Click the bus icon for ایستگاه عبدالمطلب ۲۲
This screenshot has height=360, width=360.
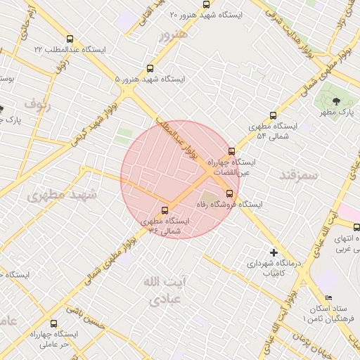(69, 39)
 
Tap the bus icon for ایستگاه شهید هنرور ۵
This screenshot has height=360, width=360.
(150, 69)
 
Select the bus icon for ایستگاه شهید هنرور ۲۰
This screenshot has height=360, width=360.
(206, 4)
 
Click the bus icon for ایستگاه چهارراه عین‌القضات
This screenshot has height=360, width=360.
(231, 151)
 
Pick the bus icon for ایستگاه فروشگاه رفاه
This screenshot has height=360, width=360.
(229, 193)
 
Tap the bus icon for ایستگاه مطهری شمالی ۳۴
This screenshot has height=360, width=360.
(165, 210)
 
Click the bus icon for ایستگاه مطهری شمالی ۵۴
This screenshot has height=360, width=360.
(273, 116)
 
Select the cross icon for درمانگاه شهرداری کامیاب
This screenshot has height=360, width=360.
(274, 252)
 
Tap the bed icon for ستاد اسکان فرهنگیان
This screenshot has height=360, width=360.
(328, 298)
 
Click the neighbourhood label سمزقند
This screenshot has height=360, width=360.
(299, 173)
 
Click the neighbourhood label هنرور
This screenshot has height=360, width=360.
(174, 34)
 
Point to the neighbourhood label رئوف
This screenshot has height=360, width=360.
(39, 105)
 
